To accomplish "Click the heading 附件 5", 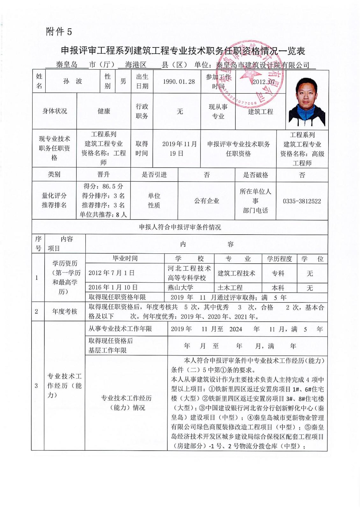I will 59,32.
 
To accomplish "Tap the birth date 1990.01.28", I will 179,82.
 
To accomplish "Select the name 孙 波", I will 73,81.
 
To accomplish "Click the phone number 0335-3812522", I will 302,201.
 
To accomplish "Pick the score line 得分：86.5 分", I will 103,186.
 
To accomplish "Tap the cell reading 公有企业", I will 207,201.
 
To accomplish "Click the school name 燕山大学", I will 180,288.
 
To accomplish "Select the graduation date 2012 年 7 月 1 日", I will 112,273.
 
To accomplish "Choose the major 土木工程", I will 230,288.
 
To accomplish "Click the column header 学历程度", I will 279,259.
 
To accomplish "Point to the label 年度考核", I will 65,311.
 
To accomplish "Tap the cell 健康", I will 104,111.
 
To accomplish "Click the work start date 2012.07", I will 263,82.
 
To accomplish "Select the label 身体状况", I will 54,111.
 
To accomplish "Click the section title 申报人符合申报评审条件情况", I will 180,227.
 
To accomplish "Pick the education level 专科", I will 278,273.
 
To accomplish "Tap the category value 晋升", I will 103,175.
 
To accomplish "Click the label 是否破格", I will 256,175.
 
